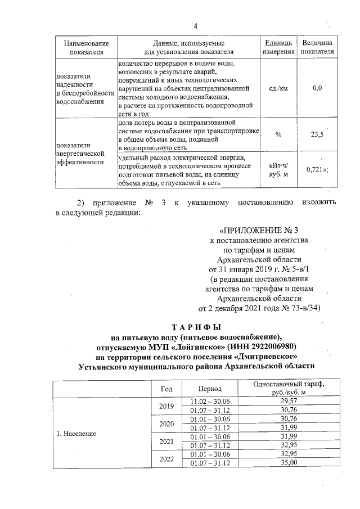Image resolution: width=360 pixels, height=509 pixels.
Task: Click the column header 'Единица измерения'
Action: pos(278,47)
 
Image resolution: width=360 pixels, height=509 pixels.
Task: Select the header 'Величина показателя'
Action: pos(317,47)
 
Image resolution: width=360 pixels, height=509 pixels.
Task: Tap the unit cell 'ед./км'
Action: pos(278,88)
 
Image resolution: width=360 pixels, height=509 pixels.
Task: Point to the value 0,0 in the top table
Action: pos(317,88)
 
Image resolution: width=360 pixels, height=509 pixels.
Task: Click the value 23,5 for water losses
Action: pos(317,134)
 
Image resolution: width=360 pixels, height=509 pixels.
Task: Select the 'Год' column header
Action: pos(166,389)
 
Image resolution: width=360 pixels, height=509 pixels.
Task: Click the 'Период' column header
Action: pos(210,389)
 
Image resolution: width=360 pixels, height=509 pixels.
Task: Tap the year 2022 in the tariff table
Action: pos(166,458)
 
